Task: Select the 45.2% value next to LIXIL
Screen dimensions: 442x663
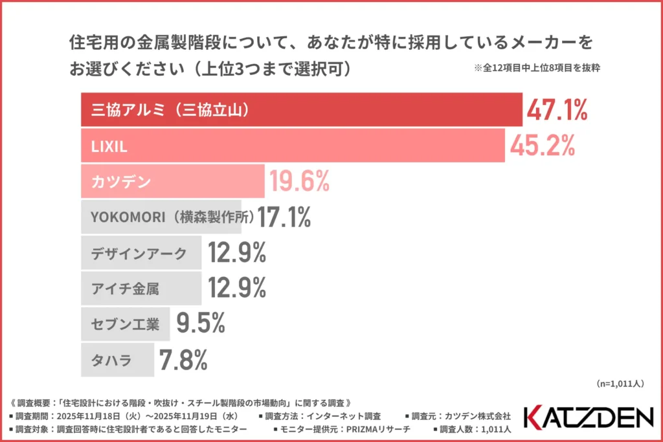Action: (543, 147)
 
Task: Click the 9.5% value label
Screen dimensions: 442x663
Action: (201, 323)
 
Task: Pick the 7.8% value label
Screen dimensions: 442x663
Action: (183, 359)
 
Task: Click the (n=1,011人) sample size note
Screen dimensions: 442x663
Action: (619, 384)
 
